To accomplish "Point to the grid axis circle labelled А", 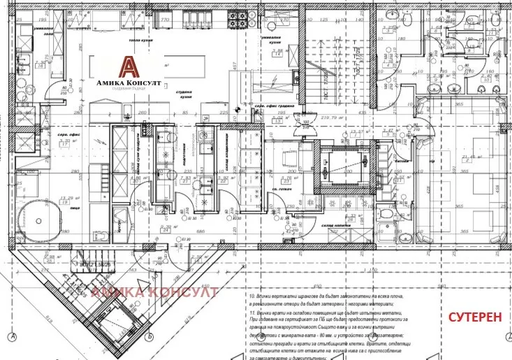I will point(13,338).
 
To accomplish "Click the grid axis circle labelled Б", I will point(150,338).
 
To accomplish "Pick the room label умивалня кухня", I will point(272,38).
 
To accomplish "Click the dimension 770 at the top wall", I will point(166,20).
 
